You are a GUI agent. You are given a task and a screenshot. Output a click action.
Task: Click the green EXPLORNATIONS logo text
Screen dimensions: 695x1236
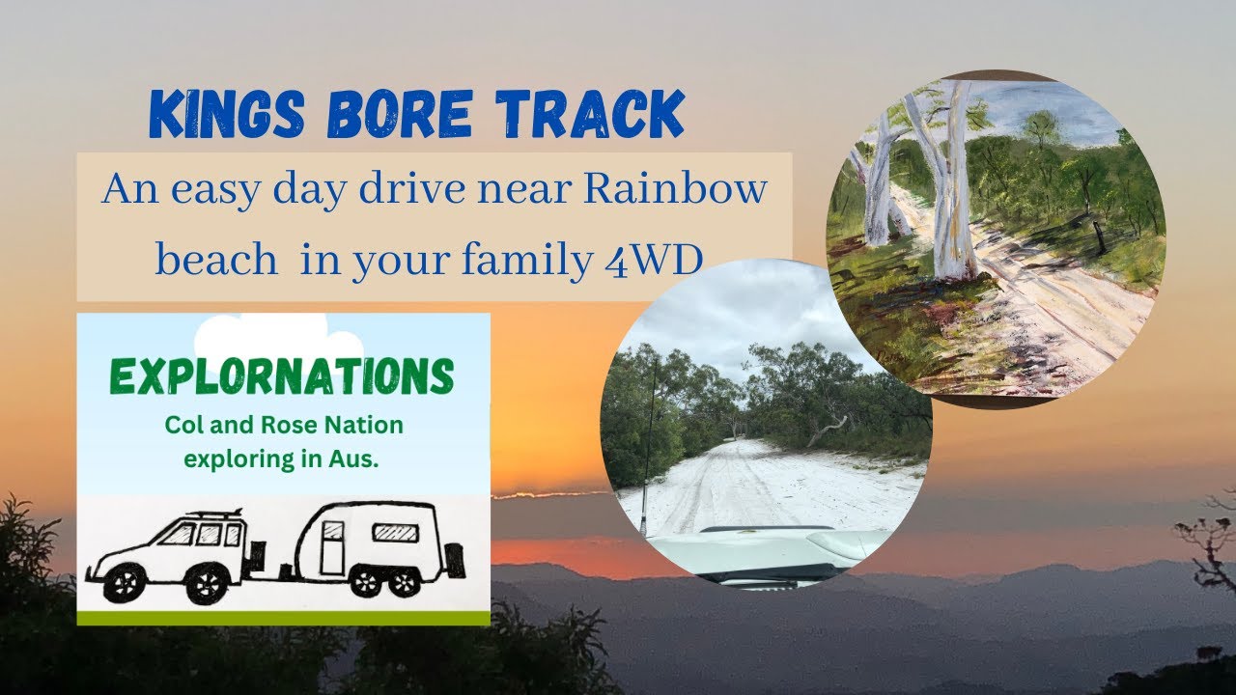click(x=283, y=377)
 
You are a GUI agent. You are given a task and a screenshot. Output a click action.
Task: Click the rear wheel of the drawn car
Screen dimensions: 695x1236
click(x=207, y=582)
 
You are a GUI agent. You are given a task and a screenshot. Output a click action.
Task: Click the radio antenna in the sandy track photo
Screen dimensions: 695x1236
click(x=645, y=454)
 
